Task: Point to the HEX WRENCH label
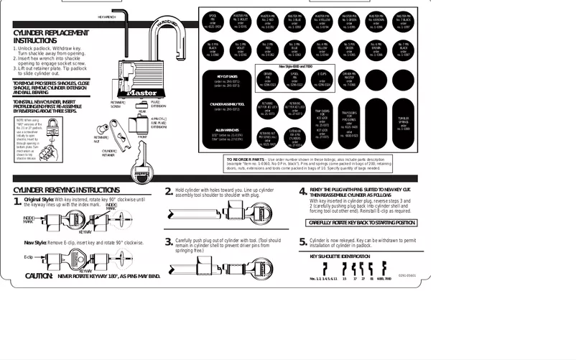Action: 106,16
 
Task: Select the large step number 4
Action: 302,193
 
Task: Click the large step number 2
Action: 169,191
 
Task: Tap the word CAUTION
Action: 39,275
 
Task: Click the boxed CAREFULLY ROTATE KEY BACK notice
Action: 361,223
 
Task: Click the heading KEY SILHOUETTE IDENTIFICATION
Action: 340,255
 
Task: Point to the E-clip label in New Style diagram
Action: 29,256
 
